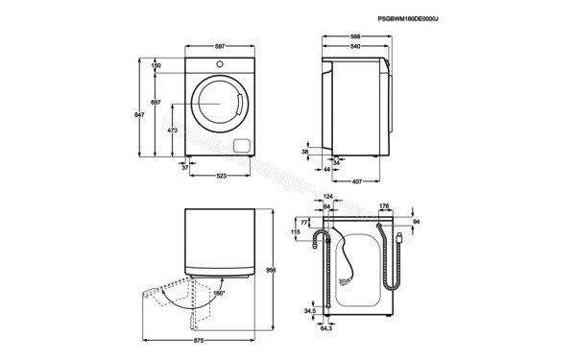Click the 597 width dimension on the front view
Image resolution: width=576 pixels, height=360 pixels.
click(x=219, y=45)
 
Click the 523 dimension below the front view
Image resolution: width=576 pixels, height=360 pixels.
click(x=221, y=175)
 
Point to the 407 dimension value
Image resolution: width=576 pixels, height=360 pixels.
click(x=356, y=182)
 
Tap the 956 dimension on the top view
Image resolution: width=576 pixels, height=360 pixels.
click(x=271, y=271)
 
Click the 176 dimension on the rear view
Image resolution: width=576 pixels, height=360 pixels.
click(x=384, y=204)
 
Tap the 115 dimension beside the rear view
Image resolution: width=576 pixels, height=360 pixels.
click(x=297, y=232)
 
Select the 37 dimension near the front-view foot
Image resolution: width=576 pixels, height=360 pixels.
click(x=185, y=167)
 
